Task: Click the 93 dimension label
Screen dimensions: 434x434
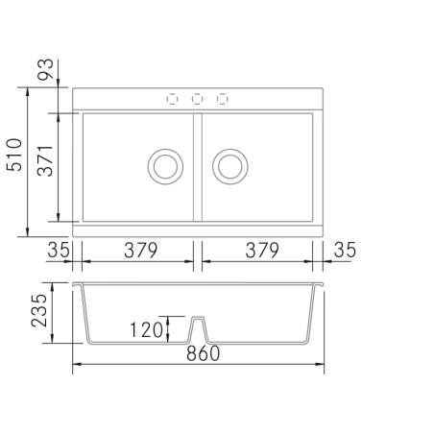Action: pos(45,69)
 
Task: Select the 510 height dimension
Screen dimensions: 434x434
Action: pos(14,155)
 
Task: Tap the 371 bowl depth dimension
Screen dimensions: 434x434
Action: pos(45,160)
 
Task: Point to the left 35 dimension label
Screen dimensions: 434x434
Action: pos(59,250)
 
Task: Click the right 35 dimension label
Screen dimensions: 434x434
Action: pos(345,250)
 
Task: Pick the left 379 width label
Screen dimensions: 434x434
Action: pos(141,251)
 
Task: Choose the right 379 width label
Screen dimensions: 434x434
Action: pos(262,251)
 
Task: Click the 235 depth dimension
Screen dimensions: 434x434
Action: pos(39,310)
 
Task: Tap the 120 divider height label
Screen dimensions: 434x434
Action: pos(147,330)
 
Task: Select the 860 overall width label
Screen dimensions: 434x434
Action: pos(204,353)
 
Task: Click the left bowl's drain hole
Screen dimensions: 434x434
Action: pos(165,166)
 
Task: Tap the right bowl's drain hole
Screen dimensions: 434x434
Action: pos(230,166)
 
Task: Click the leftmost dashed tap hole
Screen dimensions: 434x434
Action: pos(172,99)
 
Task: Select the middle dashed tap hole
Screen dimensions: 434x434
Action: pos(197,99)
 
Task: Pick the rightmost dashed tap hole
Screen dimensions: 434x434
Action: pos(223,99)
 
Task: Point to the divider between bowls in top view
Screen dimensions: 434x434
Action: pos(198,167)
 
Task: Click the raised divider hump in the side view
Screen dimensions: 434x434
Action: pos(198,329)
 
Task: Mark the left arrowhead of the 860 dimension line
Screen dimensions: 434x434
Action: pos(77,364)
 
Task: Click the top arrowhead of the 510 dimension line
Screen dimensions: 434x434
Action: pos(28,91)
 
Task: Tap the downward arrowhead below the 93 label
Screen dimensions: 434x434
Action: pos(58,83)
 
